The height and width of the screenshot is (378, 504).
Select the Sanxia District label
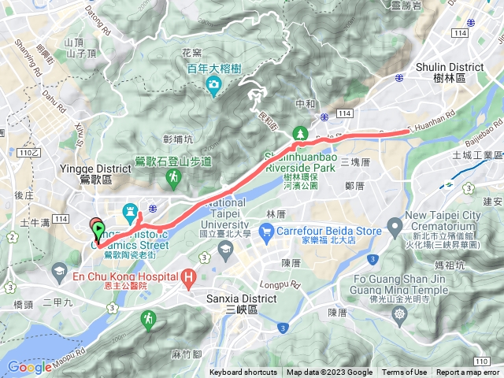240,299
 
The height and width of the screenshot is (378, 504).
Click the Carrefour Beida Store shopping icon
269,232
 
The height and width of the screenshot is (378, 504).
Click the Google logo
29,367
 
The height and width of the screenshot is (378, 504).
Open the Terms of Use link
405,372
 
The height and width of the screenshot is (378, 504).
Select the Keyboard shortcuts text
243,372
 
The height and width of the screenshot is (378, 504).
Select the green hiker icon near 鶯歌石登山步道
173,180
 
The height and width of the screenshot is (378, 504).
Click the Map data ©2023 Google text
329,372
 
